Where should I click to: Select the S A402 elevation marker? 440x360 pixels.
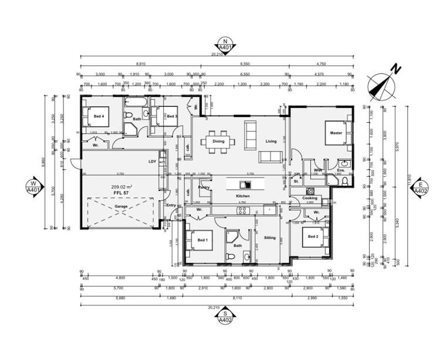point(224,319)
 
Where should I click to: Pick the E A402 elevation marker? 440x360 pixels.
point(421,187)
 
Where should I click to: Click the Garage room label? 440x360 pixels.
point(121,207)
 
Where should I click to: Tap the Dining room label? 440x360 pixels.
point(218,142)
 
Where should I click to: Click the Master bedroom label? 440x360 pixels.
point(336,133)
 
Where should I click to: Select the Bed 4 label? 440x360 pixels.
point(99,116)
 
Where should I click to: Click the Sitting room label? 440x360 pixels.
point(270,238)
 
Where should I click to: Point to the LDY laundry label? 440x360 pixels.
point(152,162)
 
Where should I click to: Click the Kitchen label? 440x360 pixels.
point(243,196)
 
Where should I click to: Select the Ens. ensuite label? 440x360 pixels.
point(341,170)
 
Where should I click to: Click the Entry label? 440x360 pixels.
point(171,205)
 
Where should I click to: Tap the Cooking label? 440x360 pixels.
point(310,198)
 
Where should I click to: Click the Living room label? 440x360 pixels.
point(270,142)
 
